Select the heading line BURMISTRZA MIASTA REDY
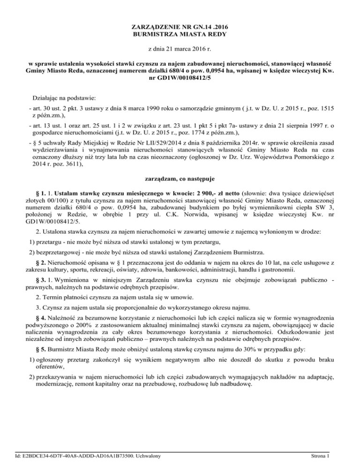pos(180,34)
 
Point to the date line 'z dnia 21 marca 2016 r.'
pos(180,48)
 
